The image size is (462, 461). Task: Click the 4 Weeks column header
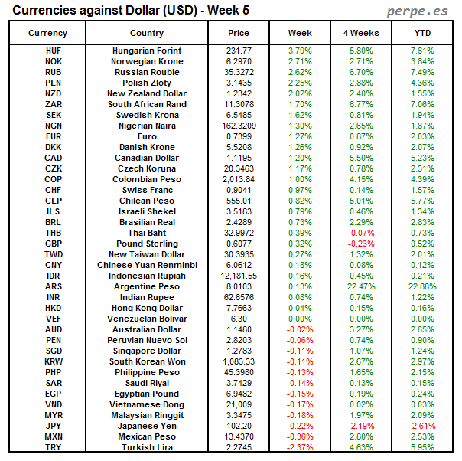(x=360, y=33)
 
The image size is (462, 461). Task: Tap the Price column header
(x=239, y=33)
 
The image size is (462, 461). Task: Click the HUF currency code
(x=54, y=51)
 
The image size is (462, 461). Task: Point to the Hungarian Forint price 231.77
(x=239, y=51)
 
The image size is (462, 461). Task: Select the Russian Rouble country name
(x=147, y=72)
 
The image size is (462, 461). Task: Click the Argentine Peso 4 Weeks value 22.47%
(x=360, y=286)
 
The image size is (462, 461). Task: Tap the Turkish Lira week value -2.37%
(x=300, y=447)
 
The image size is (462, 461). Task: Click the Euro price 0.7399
(x=239, y=136)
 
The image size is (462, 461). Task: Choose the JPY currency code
(x=54, y=426)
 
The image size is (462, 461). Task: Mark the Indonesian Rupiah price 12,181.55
(x=239, y=276)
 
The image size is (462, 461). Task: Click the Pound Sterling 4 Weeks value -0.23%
(x=360, y=244)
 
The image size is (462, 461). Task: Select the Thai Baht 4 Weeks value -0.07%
(x=360, y=233)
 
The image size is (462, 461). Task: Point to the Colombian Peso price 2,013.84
(x=239, y=179)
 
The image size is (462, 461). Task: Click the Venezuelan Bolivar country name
(x=147, y=319)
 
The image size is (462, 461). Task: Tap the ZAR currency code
(x=54, y=104)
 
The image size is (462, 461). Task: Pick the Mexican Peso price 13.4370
(x=239, y=436)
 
